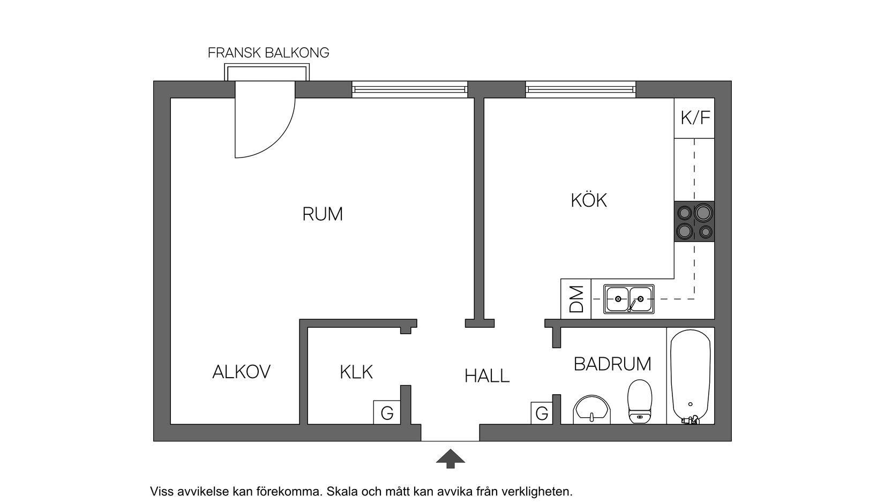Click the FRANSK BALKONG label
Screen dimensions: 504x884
[268, 53]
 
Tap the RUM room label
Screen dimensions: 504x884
[322, 214]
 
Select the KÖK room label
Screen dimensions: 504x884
[588, 201]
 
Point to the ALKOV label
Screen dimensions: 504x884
[241, 372]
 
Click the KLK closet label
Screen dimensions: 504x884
[356, 372]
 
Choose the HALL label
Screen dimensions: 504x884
[486, 376]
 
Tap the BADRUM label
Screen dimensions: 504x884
[612, 364]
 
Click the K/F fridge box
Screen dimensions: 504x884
[695, 118]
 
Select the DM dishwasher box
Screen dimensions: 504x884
[576, 299]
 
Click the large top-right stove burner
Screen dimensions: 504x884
[703, 213]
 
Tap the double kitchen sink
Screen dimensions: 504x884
[629, 299]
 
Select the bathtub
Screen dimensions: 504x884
[691, 375]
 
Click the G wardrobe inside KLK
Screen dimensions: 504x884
[387, 412]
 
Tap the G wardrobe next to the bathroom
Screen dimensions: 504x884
[542, 413]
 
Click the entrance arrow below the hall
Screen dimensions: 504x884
[450, 458]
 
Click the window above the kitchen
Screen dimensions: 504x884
[580, 89]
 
